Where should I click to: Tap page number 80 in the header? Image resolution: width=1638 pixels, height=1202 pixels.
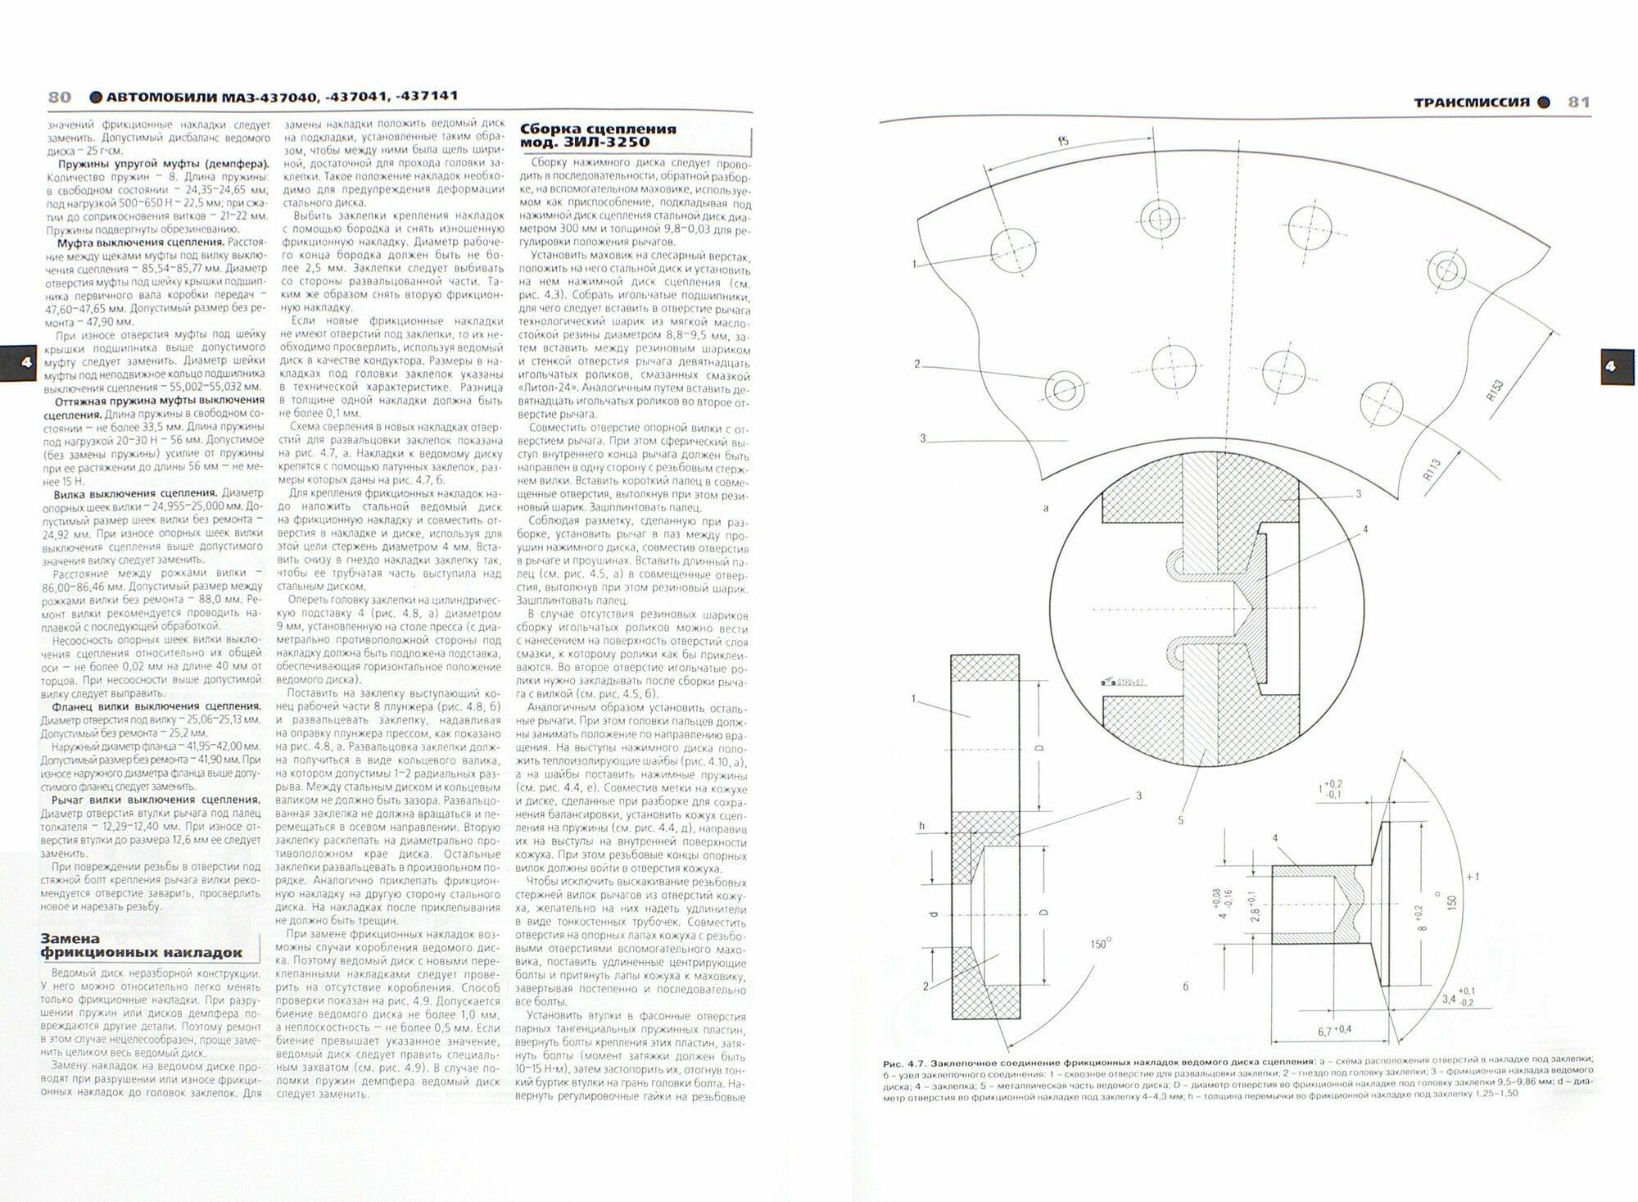(60, 98)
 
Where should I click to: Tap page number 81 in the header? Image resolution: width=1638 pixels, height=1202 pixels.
(1578, 102)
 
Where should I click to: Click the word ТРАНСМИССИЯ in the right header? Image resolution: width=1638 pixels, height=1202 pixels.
(1472, 102)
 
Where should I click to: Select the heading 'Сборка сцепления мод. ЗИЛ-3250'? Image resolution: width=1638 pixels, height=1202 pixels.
(599, 135)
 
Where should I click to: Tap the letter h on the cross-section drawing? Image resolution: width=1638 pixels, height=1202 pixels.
(921, 826)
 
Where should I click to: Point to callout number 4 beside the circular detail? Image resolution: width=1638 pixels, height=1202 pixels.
(1365, 530)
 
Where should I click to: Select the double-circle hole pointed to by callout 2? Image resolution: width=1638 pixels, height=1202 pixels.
(1064, 388)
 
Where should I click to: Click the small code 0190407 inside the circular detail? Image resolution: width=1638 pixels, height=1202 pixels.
(1129, 683)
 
